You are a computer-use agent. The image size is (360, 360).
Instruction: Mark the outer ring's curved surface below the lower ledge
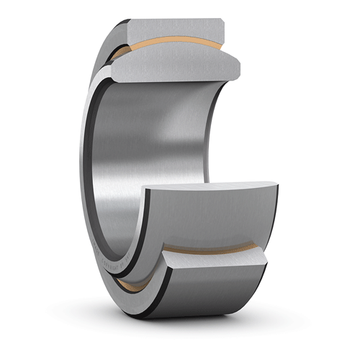click(x=216, y=302)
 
